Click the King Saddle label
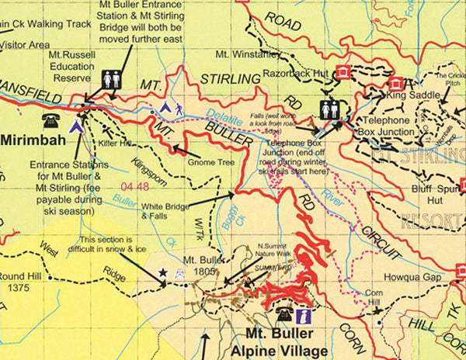(409, 95)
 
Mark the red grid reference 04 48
(135, 187)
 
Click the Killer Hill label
(116, 144)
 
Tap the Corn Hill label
(374, 299)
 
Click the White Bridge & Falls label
(164, 211)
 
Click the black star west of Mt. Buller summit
(163, 272)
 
